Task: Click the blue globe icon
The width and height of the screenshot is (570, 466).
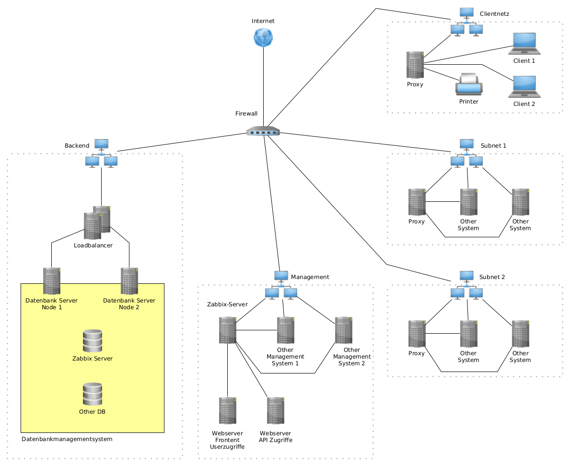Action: click(263, 37)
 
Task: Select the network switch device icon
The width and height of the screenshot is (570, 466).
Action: click(263, 131)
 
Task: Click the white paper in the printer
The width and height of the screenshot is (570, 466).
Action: click(468, 78)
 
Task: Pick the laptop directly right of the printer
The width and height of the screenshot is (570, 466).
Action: click(524, 87)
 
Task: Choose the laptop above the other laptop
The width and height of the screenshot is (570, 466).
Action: click(524, 44)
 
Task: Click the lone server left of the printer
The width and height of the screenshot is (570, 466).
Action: click(415, 65)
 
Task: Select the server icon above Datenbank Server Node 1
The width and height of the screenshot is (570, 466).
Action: click(52, 281)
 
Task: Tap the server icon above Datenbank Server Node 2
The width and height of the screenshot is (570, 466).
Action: click(129, 281)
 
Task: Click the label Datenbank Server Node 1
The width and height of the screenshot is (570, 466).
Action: click(51, 304)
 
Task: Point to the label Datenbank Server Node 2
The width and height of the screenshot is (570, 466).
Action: click(129, 304)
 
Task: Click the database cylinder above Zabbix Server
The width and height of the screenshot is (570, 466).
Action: click(93, 341)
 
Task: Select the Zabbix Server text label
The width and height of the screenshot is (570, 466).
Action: click(93, 359)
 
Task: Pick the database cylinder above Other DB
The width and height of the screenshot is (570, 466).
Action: click(93, 394)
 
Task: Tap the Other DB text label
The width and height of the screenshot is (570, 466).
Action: click(93, 412)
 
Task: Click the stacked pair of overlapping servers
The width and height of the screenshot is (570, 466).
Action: click(97, 222)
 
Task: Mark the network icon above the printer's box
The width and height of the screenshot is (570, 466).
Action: click(466, 22)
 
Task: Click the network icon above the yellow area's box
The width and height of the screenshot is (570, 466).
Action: click(101, 153)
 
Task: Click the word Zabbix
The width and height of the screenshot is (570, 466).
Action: click(82, 359)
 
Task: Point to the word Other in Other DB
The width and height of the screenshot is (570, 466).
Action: click(87, 412)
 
